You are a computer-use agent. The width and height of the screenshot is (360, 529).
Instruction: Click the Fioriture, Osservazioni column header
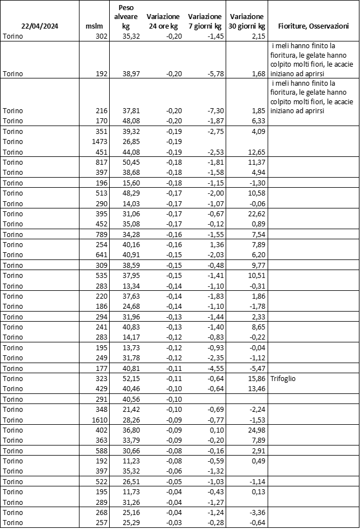314,26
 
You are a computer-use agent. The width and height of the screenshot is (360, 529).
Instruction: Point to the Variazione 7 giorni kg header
205,21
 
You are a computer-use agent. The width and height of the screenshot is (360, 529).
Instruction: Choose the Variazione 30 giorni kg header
247,21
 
